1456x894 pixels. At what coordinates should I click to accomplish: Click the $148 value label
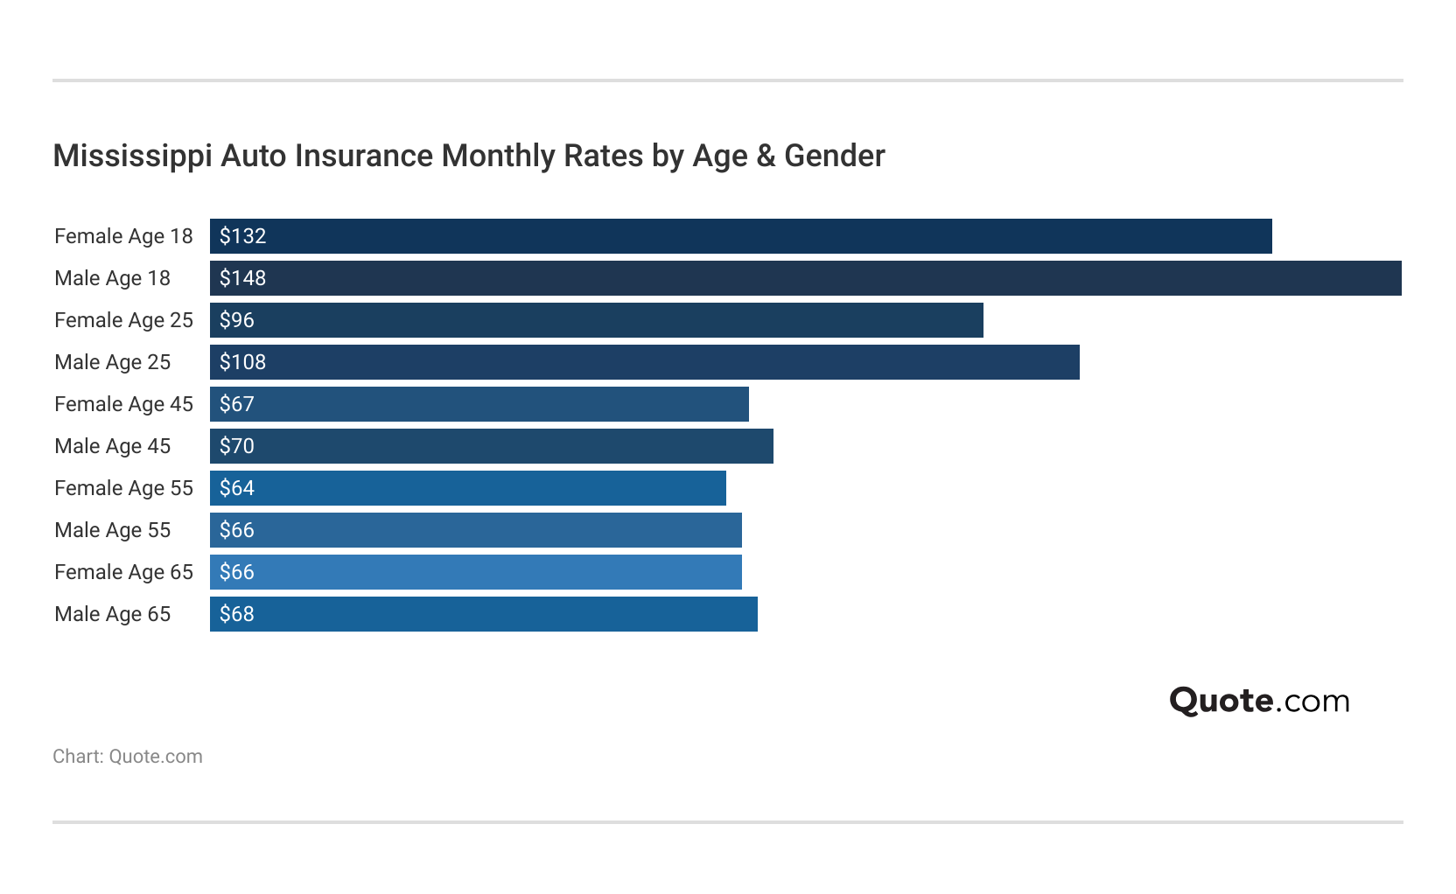pos(242,278)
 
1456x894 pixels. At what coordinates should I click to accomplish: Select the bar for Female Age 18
pos(740,236)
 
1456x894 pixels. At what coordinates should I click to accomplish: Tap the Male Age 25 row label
pos(112,362)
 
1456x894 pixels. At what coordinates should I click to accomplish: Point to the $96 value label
pos(237,320)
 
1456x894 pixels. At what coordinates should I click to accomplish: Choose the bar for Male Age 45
pos(491,446)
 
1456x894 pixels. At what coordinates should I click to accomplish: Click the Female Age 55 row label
pos(123,488)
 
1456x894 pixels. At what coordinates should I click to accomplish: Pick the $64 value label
pos(237,488)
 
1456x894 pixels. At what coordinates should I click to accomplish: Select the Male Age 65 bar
pos(483,614)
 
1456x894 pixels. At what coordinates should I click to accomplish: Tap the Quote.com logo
pos(1259,701)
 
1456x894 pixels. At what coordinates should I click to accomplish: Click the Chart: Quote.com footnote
pos(128,757)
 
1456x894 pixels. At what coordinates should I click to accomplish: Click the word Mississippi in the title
pos(132,156)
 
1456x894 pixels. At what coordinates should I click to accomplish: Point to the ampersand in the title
pos(766,156)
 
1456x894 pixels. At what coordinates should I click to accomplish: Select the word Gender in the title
pos(835,156)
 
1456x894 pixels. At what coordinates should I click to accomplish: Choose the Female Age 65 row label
pos(123,572)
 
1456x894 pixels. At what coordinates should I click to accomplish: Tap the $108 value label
pos(242,362)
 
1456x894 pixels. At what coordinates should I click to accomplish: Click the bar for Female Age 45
pos(479,404)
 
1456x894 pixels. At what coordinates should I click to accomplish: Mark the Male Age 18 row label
pos(112,278)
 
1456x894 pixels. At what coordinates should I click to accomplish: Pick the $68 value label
pos(237,614)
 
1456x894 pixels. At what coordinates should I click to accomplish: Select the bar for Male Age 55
pos(475,530)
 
